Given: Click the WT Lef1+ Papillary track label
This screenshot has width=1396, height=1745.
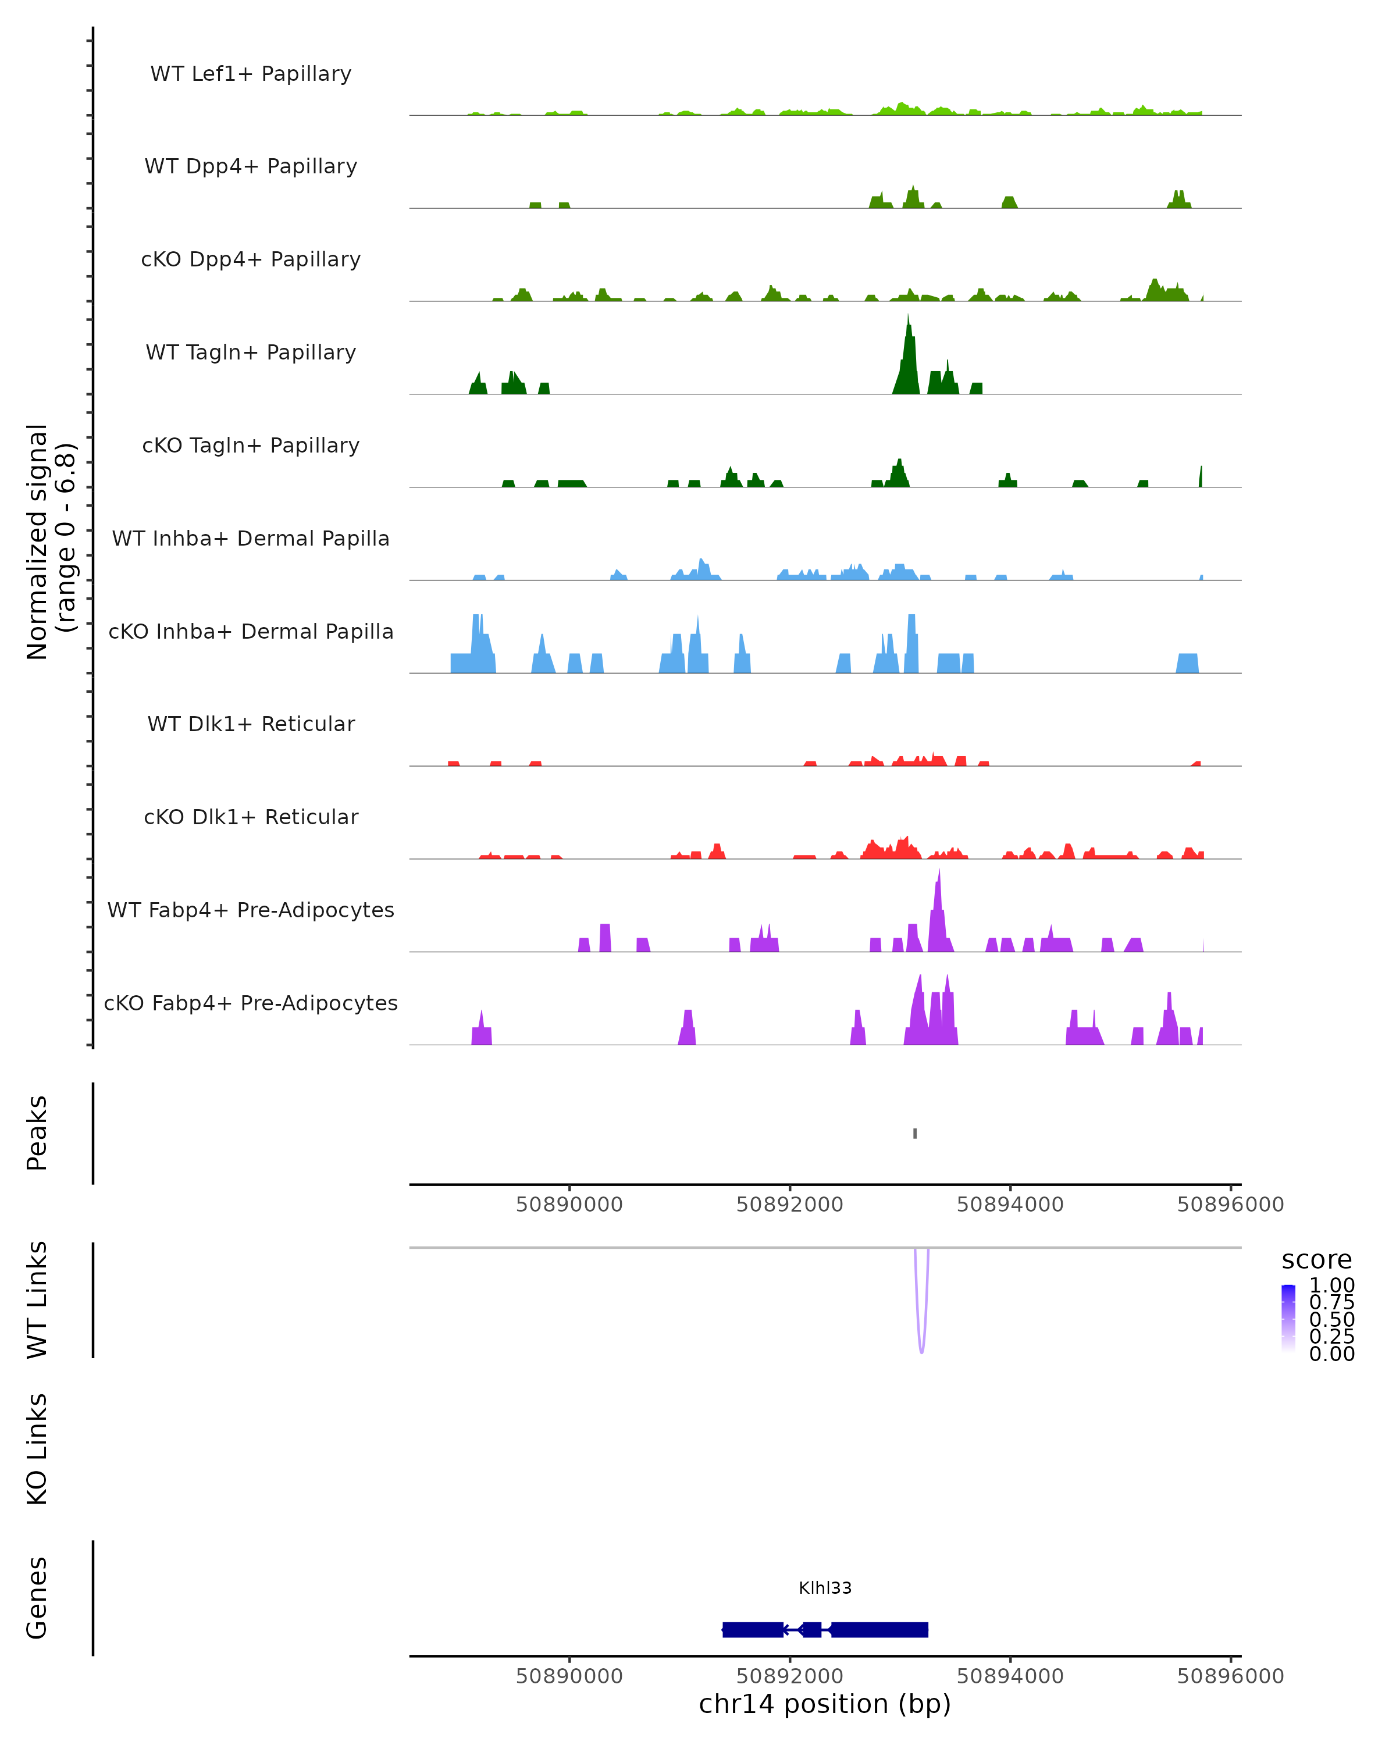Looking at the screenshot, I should pos(251,74).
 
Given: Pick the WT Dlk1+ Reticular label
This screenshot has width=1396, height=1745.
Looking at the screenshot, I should pos(251,724).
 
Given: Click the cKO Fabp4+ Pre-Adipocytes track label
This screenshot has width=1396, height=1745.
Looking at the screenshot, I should pos(251,1003).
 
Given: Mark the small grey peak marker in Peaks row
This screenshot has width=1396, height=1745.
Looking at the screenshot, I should pos(914,1133).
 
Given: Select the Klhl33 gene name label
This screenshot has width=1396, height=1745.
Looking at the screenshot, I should pos(825,1587).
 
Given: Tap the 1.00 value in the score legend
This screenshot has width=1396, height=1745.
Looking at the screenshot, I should pos(1331,1285).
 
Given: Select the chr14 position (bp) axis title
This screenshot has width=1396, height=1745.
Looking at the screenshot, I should pos(825,1704).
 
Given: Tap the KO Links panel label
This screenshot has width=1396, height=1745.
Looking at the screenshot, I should pos(37,1449).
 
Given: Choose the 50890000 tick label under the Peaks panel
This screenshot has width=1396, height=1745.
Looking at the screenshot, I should pos(569,1205).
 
